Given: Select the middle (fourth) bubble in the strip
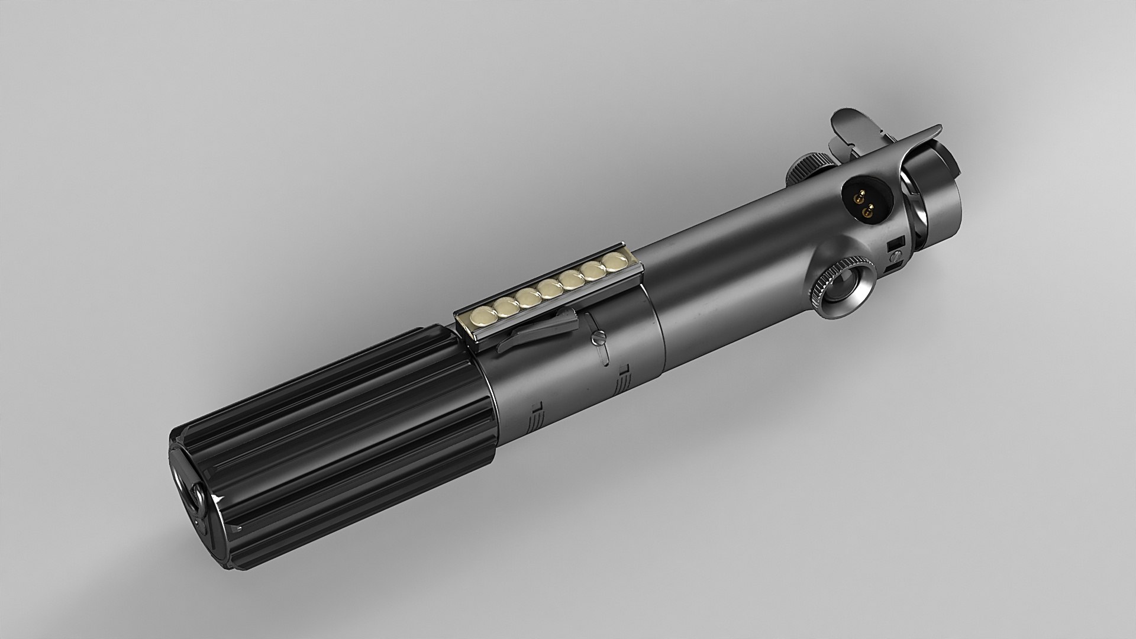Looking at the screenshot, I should coord(550,288).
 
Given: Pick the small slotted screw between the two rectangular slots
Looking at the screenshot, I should coord(897,256).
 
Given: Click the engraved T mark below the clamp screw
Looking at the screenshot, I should coord(622,372).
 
